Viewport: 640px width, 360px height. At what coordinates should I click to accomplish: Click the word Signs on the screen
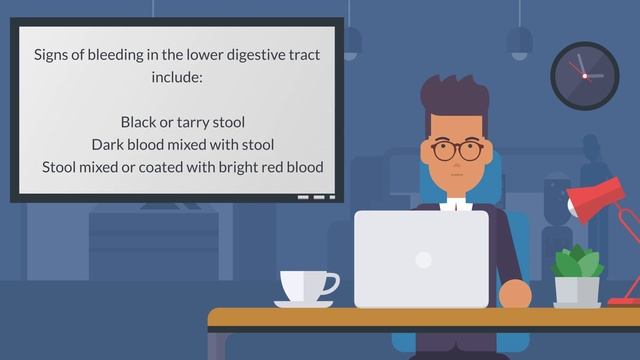[53, 55]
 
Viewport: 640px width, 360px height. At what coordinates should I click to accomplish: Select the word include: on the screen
[177, 76]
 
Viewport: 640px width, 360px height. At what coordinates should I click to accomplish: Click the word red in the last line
[270, 166]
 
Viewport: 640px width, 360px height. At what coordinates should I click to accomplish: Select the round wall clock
[584, 75]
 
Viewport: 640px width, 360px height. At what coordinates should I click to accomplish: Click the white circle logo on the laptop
[423, 260]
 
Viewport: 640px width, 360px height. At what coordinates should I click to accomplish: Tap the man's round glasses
[457, 151]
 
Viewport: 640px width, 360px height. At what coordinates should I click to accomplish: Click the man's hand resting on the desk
[514, 294]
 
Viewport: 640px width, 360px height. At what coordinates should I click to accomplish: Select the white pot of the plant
[577, 291]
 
